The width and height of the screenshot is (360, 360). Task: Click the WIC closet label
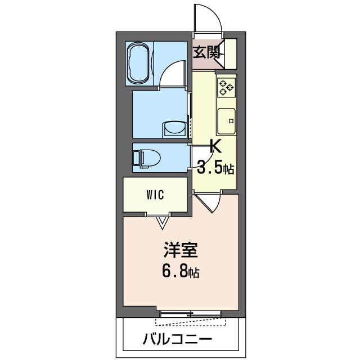coord(155,195)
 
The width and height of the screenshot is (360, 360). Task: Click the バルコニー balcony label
coord(177,339)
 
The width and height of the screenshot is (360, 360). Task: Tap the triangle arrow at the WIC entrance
coord(163,223)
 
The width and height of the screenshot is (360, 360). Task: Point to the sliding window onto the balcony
coord(188,313)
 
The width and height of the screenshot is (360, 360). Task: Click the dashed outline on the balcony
coord(191,322)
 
